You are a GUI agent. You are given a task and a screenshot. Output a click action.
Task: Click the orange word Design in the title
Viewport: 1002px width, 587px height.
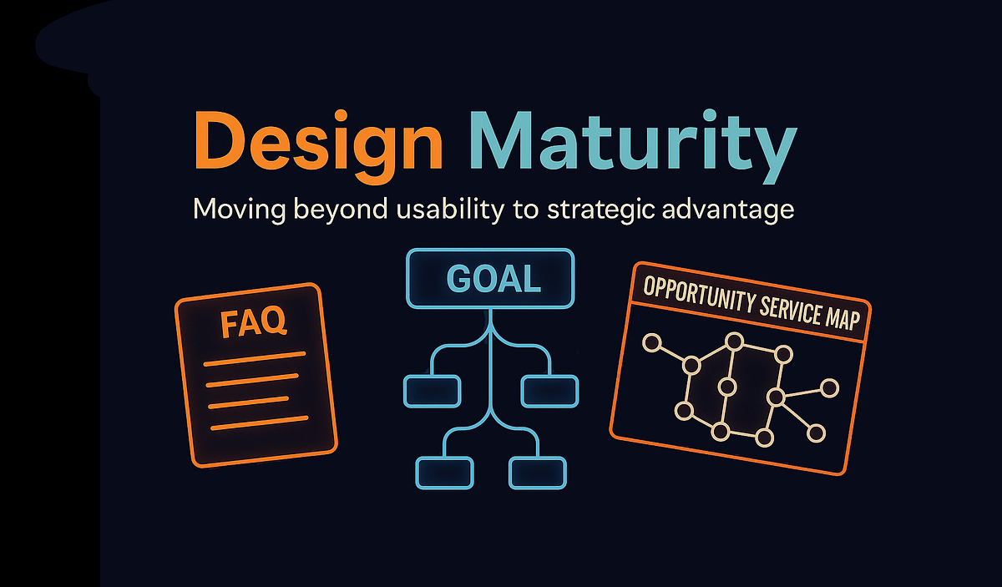[x=317, y=144]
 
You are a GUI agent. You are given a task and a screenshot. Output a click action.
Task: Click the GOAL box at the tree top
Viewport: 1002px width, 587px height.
[x=491, y=278]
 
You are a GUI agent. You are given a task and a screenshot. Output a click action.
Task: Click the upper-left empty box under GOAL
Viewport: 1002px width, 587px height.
[x=432, y=390]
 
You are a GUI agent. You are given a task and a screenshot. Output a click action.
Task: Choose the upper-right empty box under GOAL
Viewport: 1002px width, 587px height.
[x=549, y=390]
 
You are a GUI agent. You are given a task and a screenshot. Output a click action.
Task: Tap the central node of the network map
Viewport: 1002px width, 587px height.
[x=727, y=387]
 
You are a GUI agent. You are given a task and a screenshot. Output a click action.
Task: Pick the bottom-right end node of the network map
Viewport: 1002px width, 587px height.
[x=817, y=433]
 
